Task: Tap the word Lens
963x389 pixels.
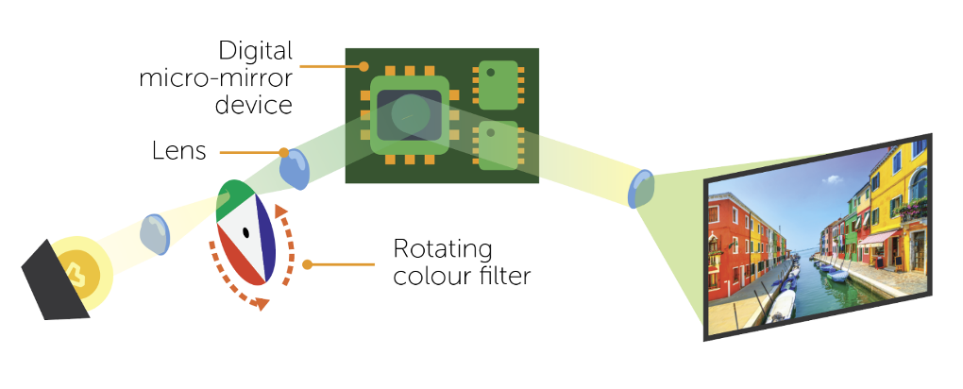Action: click(x=178, y=150)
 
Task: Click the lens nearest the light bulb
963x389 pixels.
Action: click(x=155, y=233)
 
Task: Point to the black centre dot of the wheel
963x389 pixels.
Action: click(x=245, y=231)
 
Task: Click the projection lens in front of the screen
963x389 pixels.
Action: click(x=642, y=190)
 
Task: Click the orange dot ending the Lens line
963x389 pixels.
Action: click(x=282, y=151)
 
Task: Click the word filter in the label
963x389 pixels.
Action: click(x=503, y=277)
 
